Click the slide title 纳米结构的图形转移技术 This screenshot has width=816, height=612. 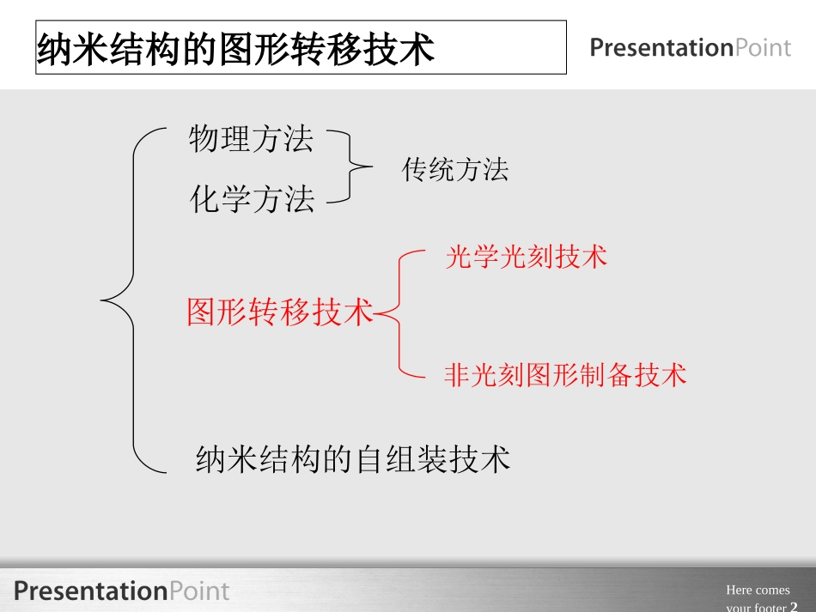click(235, 50)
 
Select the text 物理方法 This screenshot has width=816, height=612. click(252, 139)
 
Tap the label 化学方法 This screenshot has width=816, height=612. click(252, 200)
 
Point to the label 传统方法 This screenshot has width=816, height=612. click(455, 170)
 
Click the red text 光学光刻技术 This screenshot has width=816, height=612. click(526, 257)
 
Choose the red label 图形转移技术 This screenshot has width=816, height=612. click(280, 312)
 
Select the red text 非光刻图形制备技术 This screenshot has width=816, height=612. click(565, 375)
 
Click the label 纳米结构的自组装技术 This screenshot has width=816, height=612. click(353, 459)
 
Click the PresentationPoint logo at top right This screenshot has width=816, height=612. click(690, 48)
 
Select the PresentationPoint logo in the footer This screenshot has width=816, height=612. click(121, 591)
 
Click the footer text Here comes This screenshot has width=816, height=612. click(758, 590)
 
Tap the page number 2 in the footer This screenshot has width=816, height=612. click(794, 607)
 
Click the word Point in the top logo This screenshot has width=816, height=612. click(763, 48)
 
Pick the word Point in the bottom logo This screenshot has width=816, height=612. click(199, 591)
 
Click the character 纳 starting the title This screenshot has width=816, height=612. click(52, 50)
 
